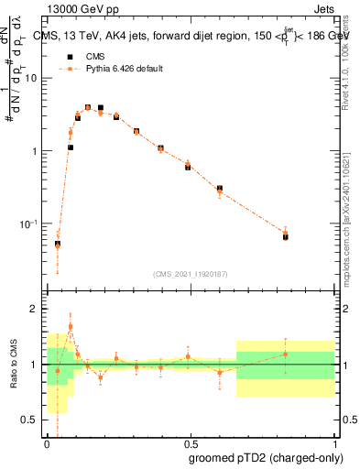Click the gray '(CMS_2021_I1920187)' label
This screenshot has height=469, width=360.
click(190, 274)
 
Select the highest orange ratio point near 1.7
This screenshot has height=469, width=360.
click(71, 326)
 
